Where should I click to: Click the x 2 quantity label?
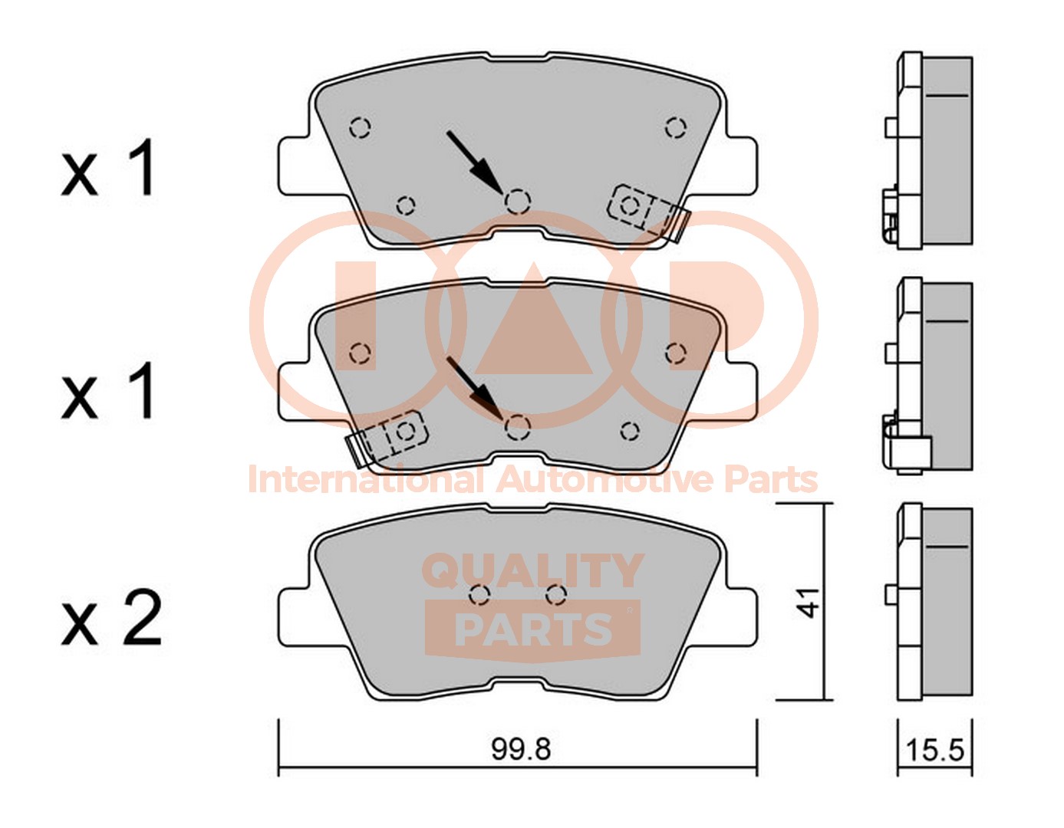click(x=112, y=618)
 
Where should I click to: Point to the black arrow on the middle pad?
click(x=475, y=388)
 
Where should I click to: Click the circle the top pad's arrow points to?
click(x=517, y=202)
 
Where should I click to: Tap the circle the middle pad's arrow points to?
click(x=517, y=427)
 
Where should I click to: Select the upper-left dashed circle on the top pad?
click(x=361, y=128)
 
